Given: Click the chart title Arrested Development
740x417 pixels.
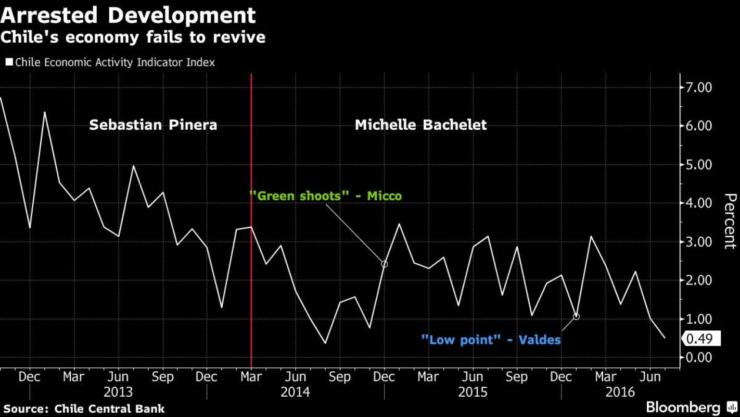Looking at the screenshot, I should click(128, 15).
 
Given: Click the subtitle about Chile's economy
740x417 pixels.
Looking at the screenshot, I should click(133, 38).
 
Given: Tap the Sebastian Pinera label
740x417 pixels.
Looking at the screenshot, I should click(153, 125).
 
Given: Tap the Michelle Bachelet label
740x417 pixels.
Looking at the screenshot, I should click(420, 125).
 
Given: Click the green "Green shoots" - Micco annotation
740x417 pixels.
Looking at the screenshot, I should click(325, 196).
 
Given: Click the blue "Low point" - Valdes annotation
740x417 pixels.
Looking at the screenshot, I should click(491, 340).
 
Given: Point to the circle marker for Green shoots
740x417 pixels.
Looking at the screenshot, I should click(385, 264).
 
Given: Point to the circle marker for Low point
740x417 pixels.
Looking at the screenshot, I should click(576, 316).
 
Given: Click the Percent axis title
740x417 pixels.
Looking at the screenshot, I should click(730, 221).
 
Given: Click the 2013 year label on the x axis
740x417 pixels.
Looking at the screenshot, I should click(119, 391).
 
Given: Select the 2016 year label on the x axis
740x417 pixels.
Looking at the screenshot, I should click(620, 391).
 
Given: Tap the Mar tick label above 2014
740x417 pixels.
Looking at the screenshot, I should click(251, 376).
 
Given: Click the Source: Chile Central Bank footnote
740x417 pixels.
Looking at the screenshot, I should click(84, 409).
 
